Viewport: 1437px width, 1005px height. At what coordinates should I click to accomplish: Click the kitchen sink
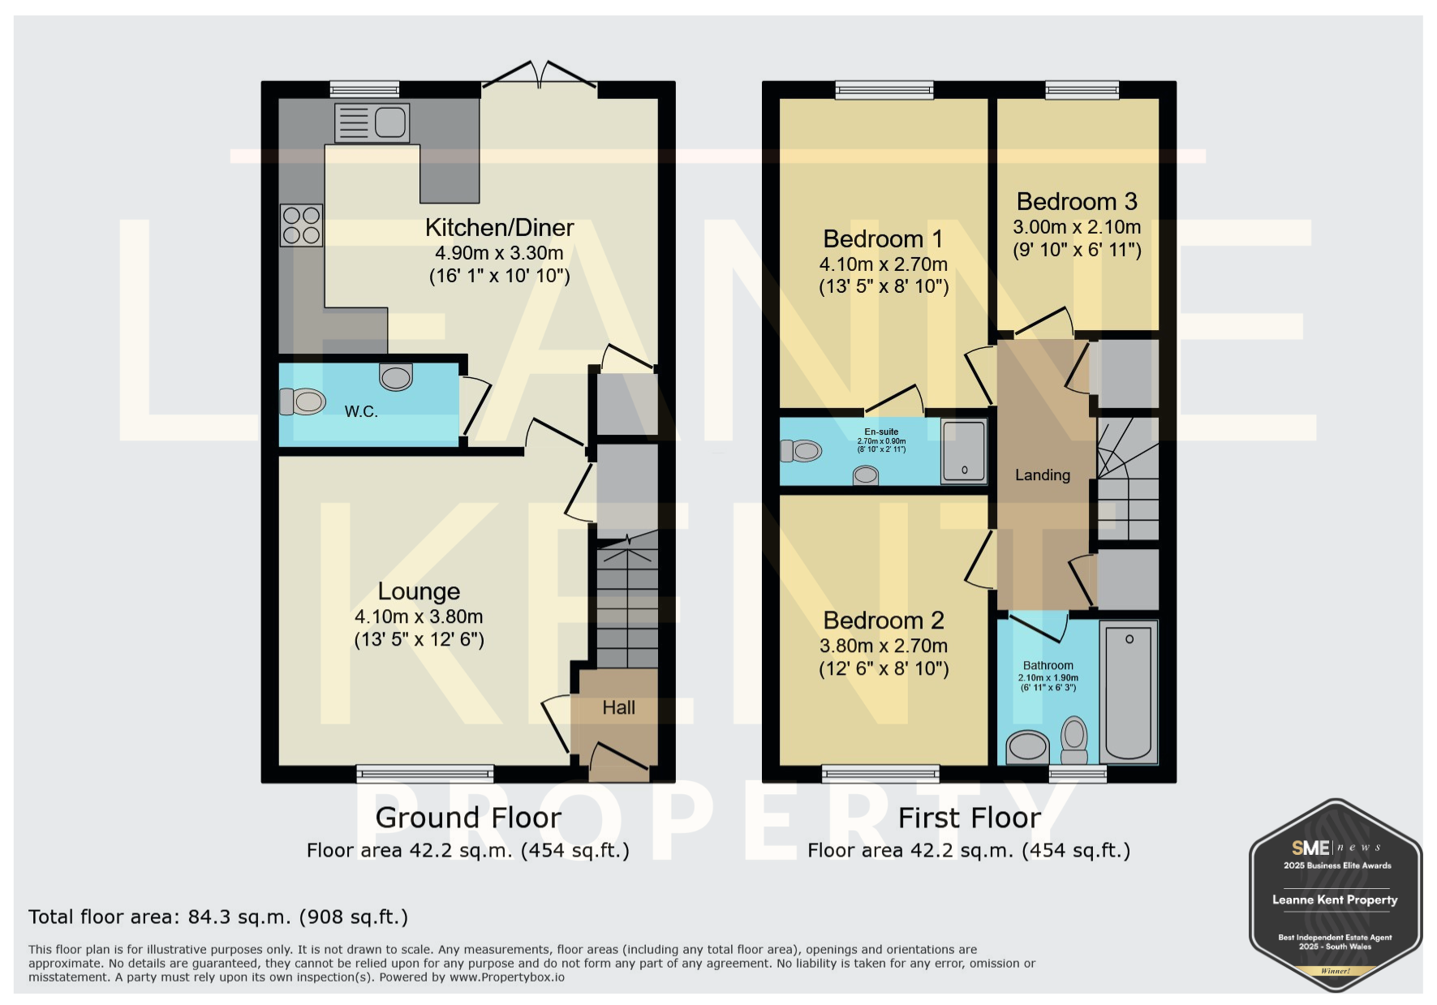[x=372, y=122]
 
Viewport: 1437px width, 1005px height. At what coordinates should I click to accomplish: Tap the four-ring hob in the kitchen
[x=301, y=225]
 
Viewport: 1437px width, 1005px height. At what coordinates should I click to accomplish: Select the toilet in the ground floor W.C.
[x=303, y=402]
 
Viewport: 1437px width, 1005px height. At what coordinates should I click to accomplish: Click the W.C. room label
[x=361, y=412]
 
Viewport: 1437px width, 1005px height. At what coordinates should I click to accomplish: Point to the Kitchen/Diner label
[x=500, y=228]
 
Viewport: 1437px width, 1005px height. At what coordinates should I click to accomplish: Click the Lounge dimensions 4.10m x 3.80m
[x=419, y=616]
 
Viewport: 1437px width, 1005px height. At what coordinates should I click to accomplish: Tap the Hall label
[x=618, y=708]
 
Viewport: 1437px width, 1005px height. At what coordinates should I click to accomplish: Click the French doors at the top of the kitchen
[x=540, y=74]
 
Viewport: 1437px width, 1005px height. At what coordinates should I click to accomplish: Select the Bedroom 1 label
[x=883, y=239]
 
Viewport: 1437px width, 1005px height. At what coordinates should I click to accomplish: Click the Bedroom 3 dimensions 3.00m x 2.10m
[x=1077, y=227]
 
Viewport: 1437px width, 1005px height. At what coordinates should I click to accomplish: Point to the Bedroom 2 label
[x=884, y=621]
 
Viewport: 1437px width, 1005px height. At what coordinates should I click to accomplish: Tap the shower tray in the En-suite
[x=964, y=451]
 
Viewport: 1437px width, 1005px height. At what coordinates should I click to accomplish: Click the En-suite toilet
[x=801, y=450]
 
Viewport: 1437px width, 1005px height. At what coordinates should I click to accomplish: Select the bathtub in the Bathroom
[x=1128, y=692]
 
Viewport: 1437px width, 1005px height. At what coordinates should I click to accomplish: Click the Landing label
[x=1043, y=475]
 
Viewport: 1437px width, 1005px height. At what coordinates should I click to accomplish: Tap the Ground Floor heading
[x=468, y=818]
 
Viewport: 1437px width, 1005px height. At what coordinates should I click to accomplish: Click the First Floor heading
[x=970, y=818]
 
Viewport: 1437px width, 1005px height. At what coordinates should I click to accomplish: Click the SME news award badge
[x=1335, y=896]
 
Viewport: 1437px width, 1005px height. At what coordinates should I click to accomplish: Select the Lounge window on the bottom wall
[x=425, y=774]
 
